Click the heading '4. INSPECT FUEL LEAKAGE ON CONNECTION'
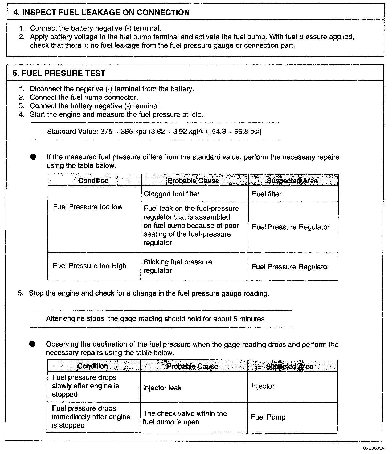pos(101,13)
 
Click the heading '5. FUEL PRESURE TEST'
pos(59,73)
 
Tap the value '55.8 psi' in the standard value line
pos(248,132)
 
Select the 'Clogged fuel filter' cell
pos(172,194)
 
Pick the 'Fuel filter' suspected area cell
pos(267,194)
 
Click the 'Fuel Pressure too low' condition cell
pos(88,207)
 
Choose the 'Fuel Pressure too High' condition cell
pos(89,266)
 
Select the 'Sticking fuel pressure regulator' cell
pos(178,266)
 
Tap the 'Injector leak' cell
pos(162,388)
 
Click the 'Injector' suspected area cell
pos(263,386)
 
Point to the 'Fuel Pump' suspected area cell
pos(268,417)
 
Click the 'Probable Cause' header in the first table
pos(193,181)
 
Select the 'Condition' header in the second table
pos(93,366)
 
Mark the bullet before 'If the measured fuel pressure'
pos(33,157)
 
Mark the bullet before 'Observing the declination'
pos(32,344)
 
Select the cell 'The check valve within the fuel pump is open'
pos(185,418)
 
